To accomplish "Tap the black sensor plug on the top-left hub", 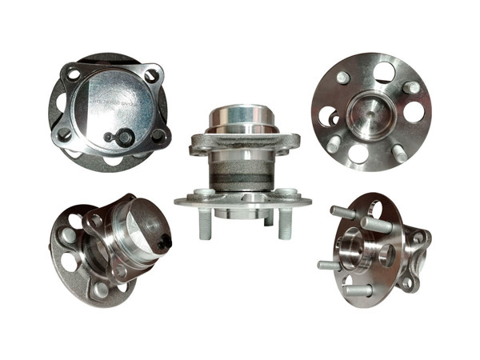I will tap(120, 138).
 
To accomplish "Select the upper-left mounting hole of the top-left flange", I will tap(74, 74).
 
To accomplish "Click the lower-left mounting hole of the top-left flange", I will tap(63, 134).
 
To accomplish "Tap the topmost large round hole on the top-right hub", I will tap(384, 71).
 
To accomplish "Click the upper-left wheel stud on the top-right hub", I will tap(342, 78).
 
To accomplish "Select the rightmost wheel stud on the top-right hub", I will tap(410, 86).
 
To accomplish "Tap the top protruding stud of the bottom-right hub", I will tap(343, 211).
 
